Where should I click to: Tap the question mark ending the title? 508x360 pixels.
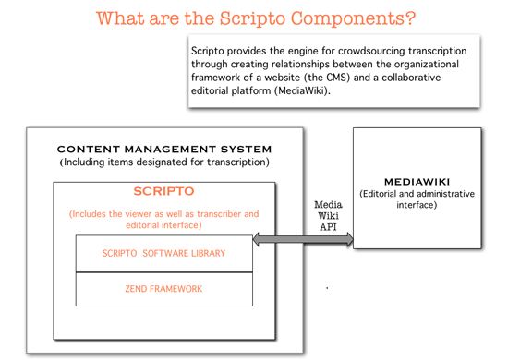408,18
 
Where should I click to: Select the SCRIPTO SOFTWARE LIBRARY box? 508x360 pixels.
163,254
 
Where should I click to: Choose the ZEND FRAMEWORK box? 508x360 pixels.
163,289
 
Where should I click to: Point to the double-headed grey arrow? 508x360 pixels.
302,240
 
